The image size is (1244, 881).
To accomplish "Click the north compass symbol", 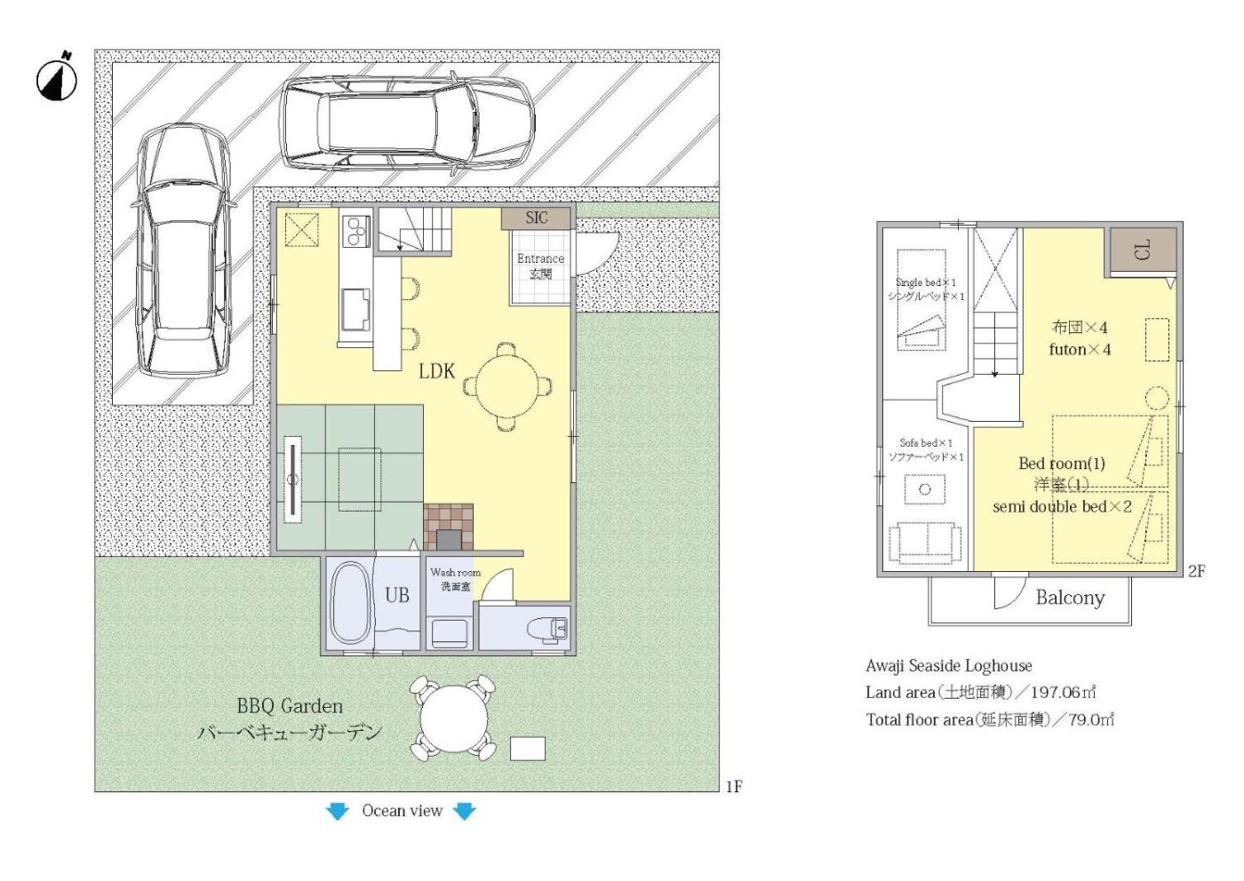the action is pos(57,80).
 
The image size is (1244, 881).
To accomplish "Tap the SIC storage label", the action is pos(537,218).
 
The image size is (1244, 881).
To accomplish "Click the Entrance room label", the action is pos(540,258).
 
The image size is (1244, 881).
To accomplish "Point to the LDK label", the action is pos(436,371).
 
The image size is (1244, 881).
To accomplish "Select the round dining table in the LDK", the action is pos(507,385).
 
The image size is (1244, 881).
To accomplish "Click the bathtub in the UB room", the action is pos(350,603).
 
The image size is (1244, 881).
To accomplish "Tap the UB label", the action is pos(397,595).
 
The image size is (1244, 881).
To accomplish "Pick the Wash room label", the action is pos(455,572).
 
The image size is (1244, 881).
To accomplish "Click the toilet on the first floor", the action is pos(547,630).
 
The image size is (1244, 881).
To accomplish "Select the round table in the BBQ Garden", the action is pos(453,718).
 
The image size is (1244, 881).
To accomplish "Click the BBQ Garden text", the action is pos(290,706).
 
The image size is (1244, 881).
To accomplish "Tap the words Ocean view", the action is pos(402,811).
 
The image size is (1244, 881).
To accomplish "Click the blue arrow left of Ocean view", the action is pos(337,811).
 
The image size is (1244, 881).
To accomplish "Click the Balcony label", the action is pos(1070,598).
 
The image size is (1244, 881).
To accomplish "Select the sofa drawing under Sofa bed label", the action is pos(925,543).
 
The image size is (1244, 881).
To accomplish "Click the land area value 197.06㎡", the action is pos(1063,692).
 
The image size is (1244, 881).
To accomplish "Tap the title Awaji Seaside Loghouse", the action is pos(949,665).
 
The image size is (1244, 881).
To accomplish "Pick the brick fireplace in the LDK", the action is pos(448,528).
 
